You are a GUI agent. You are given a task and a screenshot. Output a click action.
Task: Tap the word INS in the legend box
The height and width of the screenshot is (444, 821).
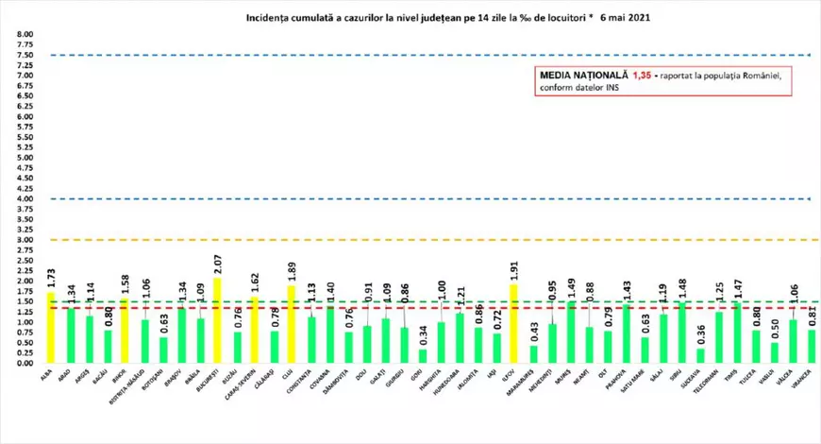coord(620,88)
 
